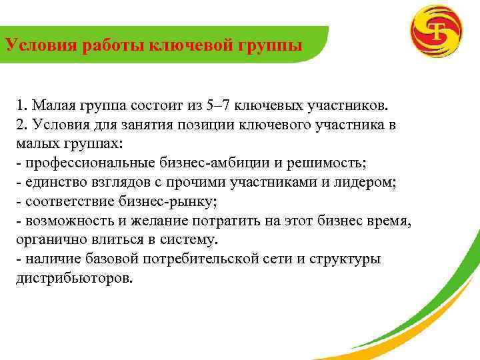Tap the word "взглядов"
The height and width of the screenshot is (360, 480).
pos(110,182)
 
